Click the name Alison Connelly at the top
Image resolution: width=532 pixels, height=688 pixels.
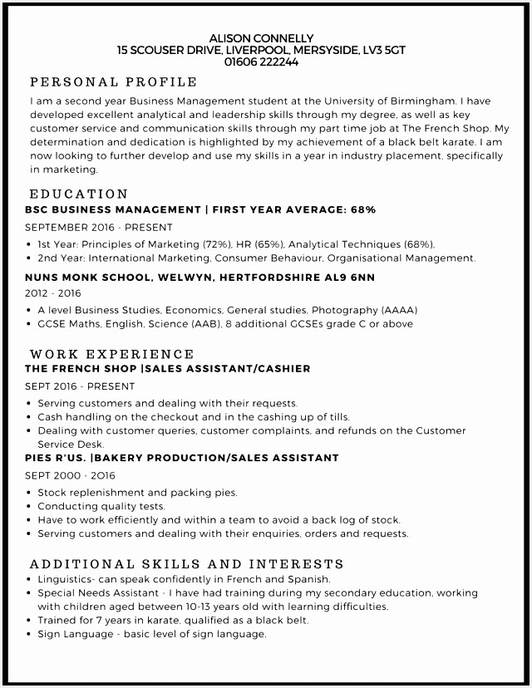point(261,38)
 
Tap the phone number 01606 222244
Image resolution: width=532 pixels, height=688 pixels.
point(261,61)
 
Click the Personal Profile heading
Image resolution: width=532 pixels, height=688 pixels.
point(113,82)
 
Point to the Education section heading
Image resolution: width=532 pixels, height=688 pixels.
point(79,194)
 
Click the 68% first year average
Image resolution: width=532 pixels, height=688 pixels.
point(363,209)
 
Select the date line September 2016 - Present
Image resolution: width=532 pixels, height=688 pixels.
point(99,227)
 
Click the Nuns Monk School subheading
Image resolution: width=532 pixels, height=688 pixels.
point(199,277)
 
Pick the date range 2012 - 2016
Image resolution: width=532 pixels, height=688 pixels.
point(53,293)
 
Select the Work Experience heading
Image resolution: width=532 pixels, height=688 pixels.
point(112,354)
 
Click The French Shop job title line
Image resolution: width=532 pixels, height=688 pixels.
point(168,368)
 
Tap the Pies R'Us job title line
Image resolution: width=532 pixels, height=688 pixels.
point(182,458)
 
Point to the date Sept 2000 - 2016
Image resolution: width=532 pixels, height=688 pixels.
point(70,475)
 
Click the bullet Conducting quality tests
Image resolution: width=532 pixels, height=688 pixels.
point(101,506)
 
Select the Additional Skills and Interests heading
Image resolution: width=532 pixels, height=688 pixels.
point(186,564)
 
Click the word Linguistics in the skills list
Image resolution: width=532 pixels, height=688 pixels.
point(67,579)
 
